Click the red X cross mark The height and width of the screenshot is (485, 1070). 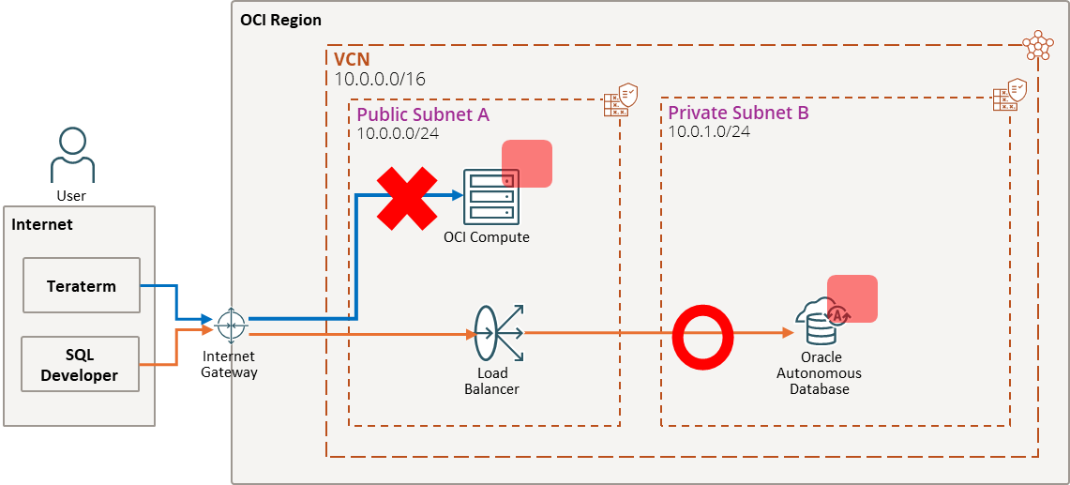click(x=407, y=198)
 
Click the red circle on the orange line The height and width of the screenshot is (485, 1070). click(x=702, y=333)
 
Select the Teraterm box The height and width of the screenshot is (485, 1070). click(x=82, y=286)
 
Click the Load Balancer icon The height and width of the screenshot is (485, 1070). click(x=496, y=333)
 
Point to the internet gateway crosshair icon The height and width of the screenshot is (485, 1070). click(x=230, y=325)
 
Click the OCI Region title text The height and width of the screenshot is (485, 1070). click(x=280, y=20)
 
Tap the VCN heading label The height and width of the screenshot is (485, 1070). click(x=352, y=59)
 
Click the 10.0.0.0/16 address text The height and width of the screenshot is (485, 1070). click(x=380, y=79)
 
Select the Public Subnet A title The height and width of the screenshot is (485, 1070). click(x=423, y=114)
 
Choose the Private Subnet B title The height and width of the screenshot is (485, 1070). click(x=738, y=113)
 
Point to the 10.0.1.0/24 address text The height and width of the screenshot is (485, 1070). click(x=708, y=131)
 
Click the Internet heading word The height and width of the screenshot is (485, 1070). click(x=42, y=225)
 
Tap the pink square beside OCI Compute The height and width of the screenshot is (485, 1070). click(x=527, y=164)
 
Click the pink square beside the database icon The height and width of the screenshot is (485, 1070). click(x=852, y=298)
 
